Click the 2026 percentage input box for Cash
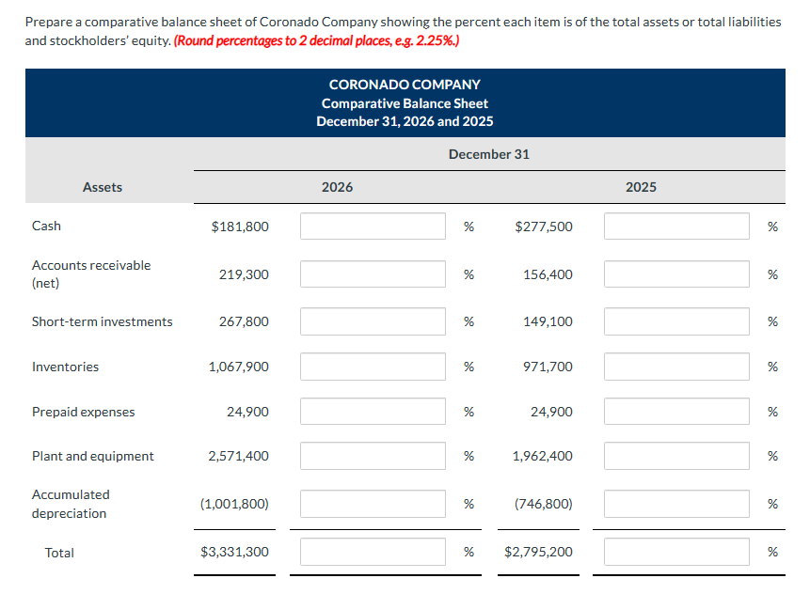point(373,226)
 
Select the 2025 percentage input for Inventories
point(676,367)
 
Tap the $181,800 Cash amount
point(240,226)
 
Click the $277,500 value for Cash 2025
point(544,226)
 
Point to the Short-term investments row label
point(103,321)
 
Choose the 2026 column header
point(337,187)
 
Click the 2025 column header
point(641,187)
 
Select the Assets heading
point(103,187)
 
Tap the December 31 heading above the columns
point(488,154)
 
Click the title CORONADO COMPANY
point(405,85)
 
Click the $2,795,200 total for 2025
point(538,552)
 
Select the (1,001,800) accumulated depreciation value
point(234,504)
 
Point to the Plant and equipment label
point(93,456)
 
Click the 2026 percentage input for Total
point(373,552)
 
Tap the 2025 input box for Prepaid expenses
point(676,412)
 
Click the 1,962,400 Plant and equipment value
point(542,456)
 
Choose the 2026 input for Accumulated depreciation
point(373,504)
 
